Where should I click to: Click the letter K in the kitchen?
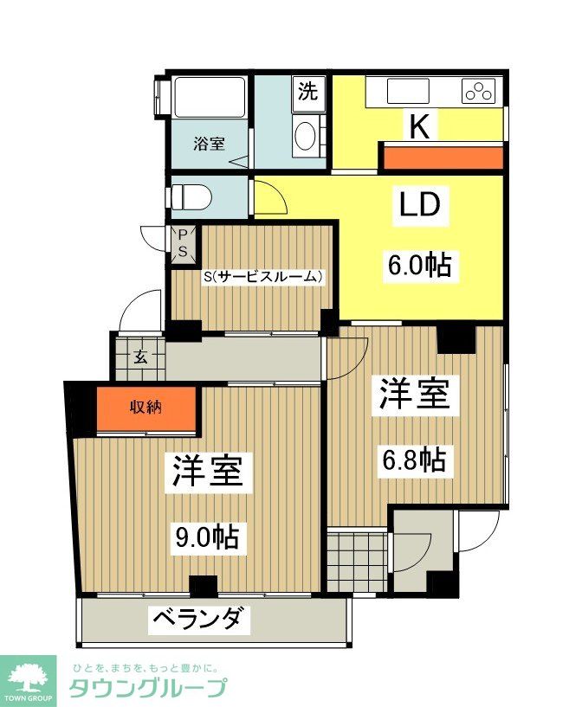420,128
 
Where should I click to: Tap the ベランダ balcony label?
203,619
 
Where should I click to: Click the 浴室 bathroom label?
209,144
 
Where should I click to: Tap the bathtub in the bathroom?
209,98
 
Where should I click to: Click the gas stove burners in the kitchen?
479,90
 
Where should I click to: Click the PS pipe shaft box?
184,244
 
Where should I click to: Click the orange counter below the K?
442,157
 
